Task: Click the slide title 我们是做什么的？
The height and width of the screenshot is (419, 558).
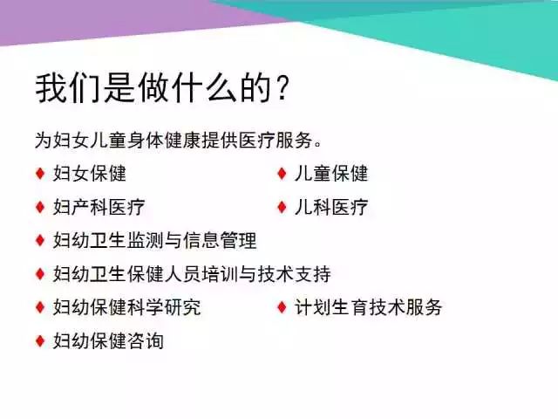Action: [x=162, y=88]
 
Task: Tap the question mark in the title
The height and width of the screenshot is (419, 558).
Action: [x=282, y=88]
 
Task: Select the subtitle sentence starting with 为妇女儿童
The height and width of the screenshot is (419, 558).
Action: [x=179, y=140]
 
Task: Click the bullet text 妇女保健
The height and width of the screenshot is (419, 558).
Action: [x=90, y=174]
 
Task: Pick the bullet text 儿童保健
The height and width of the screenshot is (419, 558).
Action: [x=331, y=174]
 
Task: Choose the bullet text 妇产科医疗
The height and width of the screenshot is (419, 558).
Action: [x=99, y=207]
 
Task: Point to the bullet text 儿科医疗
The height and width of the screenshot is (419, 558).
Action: [x=331, y=207]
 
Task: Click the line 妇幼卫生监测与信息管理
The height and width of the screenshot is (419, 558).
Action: [x=155, y=240]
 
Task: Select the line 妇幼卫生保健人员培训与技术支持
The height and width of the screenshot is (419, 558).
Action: [x=192, y=273]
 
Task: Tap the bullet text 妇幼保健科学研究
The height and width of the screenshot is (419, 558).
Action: [x=127, y=307]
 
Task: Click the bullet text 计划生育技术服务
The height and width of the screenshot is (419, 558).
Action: [x=368, y=307]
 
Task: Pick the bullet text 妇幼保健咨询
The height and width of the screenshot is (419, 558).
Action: [x=108, y=340]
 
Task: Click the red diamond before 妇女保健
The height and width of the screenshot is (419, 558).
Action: [x=40, y=174]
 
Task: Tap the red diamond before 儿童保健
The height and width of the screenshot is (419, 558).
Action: [x=282, y=174]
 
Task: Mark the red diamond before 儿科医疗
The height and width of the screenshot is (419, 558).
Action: [x=282, y=207]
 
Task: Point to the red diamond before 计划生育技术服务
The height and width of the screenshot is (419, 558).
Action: [x=282, y=307]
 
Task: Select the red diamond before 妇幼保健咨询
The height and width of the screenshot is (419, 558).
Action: [x=40, y=340]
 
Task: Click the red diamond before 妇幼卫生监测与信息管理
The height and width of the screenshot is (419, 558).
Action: [x=40, y=240]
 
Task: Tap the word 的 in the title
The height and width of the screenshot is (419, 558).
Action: [x=255, y=88]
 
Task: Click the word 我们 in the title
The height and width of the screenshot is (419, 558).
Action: [x=67, y=88]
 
